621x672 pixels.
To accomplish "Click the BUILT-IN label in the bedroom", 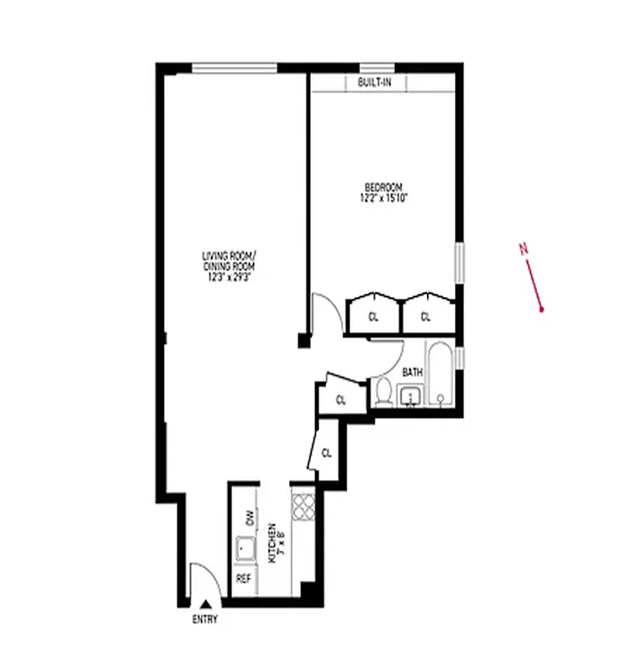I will pos(375,82).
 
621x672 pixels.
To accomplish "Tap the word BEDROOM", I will pos(383,186).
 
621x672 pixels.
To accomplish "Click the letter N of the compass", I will pos(524,248).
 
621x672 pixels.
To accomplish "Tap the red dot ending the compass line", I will pos(542,310).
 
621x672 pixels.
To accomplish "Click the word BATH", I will pos(412,371).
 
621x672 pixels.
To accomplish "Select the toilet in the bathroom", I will pos(384,392).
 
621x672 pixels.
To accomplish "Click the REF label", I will pos(244,579).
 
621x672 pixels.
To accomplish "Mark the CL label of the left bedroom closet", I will pos(374,317).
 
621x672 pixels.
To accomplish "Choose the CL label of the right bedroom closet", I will pos(425,317).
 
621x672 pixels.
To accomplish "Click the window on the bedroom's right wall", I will pos(460,263).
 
